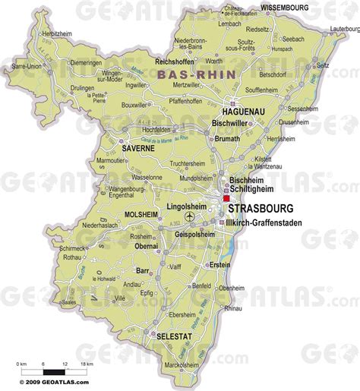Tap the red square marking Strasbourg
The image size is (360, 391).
tap(226, 197)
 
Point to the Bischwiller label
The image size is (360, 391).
tap(232, 121)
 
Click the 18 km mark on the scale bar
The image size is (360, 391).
tap(89, 364)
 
